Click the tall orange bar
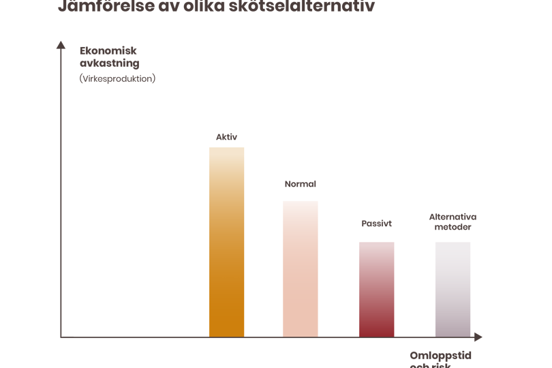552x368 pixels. click(x=226, y=241)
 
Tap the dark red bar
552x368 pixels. click(x=376, y=288)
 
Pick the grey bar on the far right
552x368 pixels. click(x=453, y=288)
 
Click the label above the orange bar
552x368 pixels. click(x=226, y=137)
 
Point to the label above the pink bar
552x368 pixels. click(x=300, y=184)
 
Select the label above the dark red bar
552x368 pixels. click(x=376, y=224)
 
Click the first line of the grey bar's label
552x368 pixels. click(x=453, y=217)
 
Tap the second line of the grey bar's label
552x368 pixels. click(x=453, y=228)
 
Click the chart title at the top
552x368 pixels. click(x=216, y=7)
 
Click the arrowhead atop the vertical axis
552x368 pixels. click(x=61, y=44)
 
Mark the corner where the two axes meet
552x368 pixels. click(x=61, y=337)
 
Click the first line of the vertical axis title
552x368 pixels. click(x=110, y=50)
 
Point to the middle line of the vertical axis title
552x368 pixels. click(x=109, y=64)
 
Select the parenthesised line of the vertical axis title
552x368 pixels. click(x=117, y=78)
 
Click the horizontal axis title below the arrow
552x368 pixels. click(x=440, y=355)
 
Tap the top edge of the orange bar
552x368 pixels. click(x=226, y=147)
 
